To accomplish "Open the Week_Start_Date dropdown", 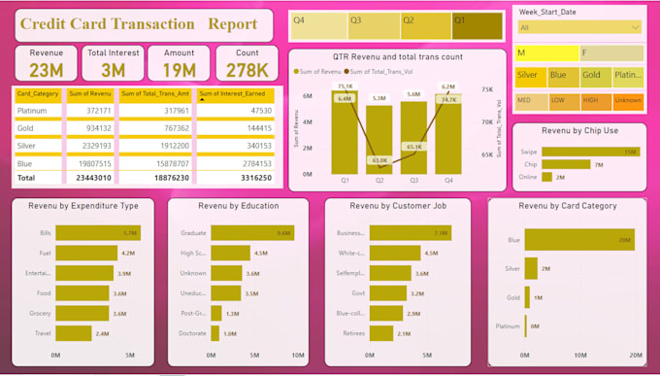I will pyautogui.click(x=579, y=28).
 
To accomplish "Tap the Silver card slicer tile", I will pyautogui.click(x=529, y=75).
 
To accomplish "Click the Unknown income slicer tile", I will pyautogui.click(x=627, y=99).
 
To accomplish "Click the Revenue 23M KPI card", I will pyautogui.click(x=46, y=63).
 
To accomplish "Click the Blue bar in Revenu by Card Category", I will pyautogui.click(x=579, y=239).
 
